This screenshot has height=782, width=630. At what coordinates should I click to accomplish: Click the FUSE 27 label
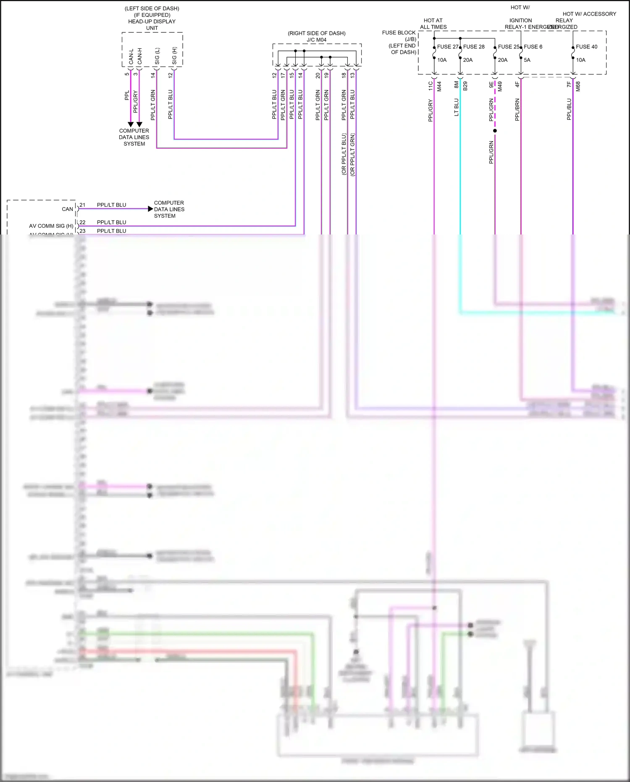[x=447, y=47]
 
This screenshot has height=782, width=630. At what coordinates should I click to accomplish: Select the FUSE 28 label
[x=474, y=47]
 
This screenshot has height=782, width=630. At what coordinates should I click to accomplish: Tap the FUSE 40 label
[x=586, y=47]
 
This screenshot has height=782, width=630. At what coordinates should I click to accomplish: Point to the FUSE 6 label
[x=533, y=47]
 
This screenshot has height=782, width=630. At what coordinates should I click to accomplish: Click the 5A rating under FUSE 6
[x=527, y=60]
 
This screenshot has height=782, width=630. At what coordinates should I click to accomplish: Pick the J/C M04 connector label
[x=316, y=40]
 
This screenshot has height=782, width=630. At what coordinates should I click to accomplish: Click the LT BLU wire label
[x=457, y=107]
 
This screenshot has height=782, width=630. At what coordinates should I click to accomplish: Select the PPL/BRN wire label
[x=517, y=110]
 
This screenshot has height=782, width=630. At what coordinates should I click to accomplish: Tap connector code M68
[x=578, y=87]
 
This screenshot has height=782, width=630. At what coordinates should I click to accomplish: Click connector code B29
[x=465, y=86]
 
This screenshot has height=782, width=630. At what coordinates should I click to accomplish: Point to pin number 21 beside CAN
[x=82, y=205]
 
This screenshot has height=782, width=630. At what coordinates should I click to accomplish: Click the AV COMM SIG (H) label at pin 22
[x=51, y=226]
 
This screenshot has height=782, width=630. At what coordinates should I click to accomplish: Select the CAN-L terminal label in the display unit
[x=131, y=57]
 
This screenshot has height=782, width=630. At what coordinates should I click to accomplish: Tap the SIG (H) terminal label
[x=174, y=56]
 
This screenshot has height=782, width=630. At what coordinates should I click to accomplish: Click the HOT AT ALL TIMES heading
[x=433, y=24]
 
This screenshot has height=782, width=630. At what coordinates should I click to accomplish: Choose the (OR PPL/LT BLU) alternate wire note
[x=344, y=154]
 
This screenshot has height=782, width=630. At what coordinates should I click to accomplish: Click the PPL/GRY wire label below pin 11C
[x=430, y=111]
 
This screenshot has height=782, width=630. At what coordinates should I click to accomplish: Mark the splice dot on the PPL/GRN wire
[x=495, y=131]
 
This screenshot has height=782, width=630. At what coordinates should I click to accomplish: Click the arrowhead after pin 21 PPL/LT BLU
[x=150, y=209]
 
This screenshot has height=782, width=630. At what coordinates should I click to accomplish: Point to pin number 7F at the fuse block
[x=569, y=84]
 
